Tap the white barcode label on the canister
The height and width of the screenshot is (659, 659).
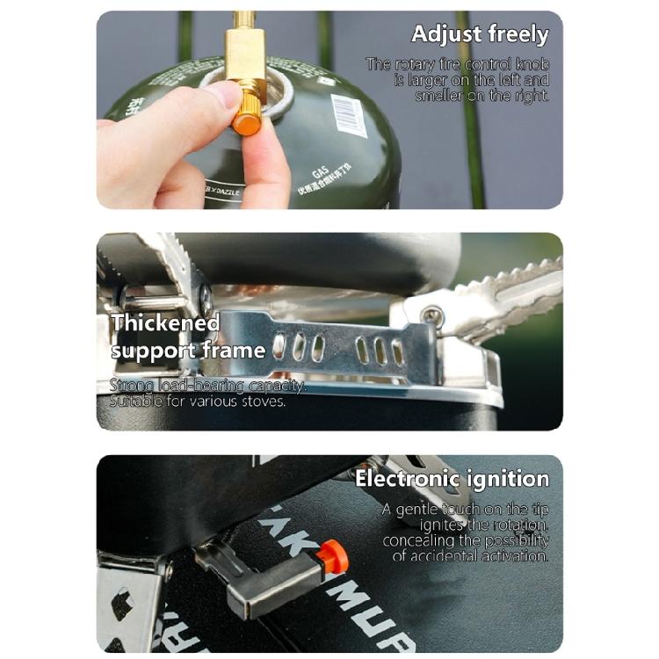pyautogui.click(x=351, y=115)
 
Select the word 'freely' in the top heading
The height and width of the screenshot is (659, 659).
pyautogui.click(x=518, y=35)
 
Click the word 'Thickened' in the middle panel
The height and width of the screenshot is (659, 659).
pyautogui.click(x=165, y=322)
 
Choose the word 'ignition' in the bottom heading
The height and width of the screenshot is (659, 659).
pyautogui.click(x=511, y=479)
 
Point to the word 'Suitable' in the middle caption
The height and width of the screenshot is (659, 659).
pyautogui.click(x=134, y=402)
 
